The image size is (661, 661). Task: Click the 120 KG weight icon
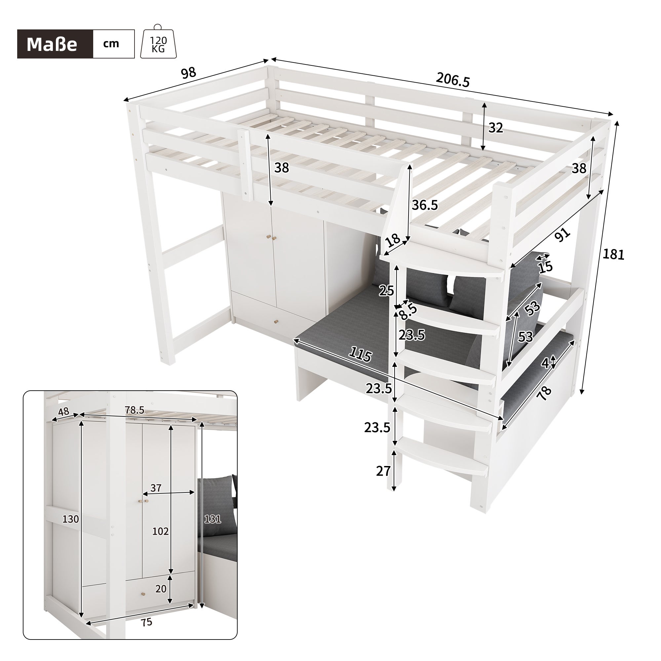click(x=158, y=43)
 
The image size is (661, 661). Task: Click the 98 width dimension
click(x=188, y=73)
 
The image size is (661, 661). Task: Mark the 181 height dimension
click(x=613, y=254)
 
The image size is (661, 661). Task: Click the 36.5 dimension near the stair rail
click(x=425, y=205)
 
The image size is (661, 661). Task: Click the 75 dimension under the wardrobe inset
click(x=146, y=622)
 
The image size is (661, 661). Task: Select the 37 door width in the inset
click(x=156, y=488)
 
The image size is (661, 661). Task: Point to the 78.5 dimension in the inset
click(x=135, y=410)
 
